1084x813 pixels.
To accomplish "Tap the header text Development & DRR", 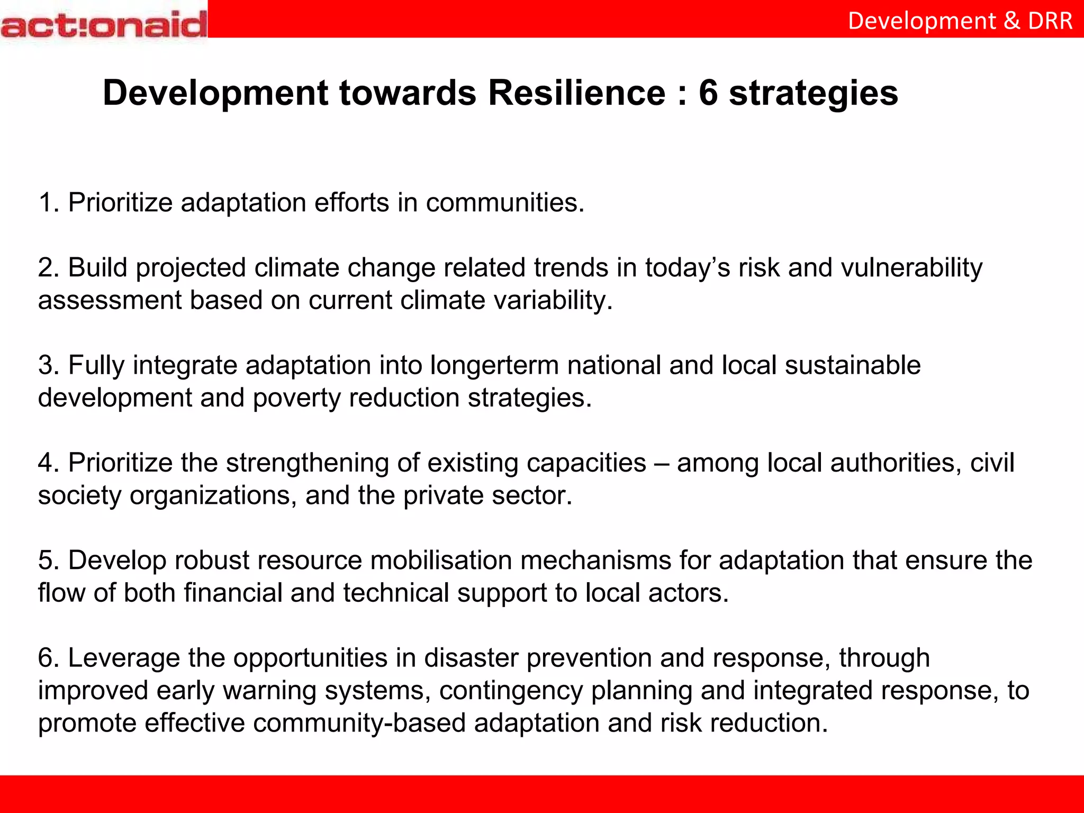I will [x=960, y=21].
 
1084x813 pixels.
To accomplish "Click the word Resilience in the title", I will [x=576, y=93].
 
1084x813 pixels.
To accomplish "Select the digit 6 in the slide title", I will [x=708, y=93].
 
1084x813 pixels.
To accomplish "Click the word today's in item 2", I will [x=687, y=268].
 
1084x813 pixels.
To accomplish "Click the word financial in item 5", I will [x=233, y=593].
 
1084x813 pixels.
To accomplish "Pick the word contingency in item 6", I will [x=511, y=691].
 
